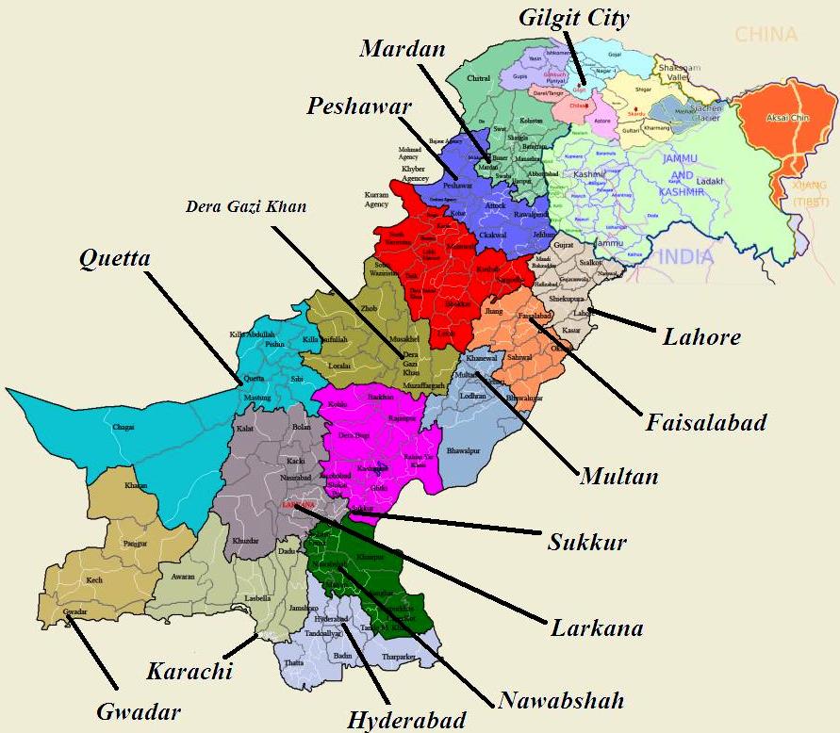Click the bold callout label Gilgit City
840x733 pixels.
[x=574, y=18]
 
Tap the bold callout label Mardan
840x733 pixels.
[x=402, y=49]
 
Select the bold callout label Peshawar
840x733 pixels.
[x=359, y=106]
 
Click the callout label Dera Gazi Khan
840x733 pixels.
[x=246, y=206]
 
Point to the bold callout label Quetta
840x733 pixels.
[x=115, y=257]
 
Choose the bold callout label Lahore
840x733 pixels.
[x=701, y=336]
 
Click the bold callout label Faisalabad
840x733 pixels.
[x=706, y=422]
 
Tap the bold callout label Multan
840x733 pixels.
[x=618, y=476]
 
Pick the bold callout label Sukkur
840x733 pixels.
[x=587, y=543]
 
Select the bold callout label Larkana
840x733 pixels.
[x=597, y=628]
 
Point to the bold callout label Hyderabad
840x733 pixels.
[x=406, y=721]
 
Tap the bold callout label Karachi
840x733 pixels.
[x=189, y=672]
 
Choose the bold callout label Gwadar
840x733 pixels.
[x=138, y=711]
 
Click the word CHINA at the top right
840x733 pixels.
[x=766, y=35]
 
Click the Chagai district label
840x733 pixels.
[x=124, y=427]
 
